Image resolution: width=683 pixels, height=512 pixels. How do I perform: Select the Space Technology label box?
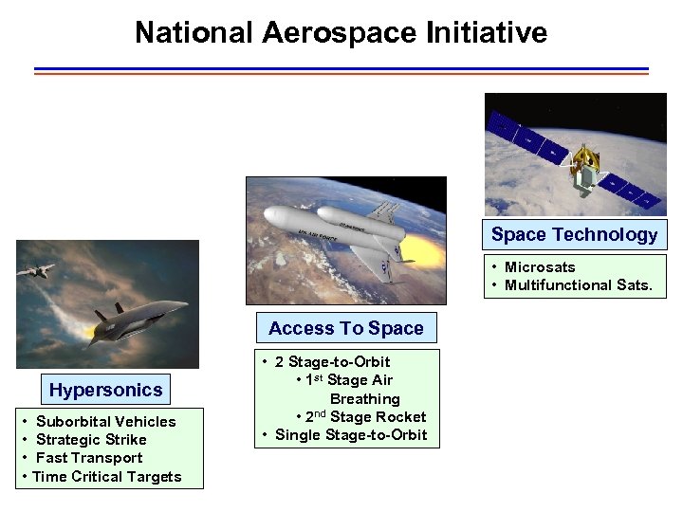pyautogui.click(x=574, y=234)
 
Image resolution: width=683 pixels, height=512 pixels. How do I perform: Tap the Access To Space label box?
pyautogui.click(x=346, y=328)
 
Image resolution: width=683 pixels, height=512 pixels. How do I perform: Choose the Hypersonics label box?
pyautogui.click(x=106, y=390)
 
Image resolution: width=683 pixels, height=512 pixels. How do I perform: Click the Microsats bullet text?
pyautogui.click(x=539, y=267)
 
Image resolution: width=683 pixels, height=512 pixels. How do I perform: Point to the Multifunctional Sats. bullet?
pyautogui.click(x=578, y=285)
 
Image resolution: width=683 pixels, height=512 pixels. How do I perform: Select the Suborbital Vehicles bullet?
pyautogui.click(x=105, y=421)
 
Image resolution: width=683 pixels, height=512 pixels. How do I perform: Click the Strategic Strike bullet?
pyautogui.click(x=91, y=439)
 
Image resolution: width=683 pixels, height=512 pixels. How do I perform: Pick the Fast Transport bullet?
pyautogui.click(x=89, y=457)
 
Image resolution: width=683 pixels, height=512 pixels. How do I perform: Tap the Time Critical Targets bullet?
pyautogui.click(x=106, y=476)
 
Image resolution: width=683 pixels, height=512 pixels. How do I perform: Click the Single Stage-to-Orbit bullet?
pyautogui.click(x=350, y=435)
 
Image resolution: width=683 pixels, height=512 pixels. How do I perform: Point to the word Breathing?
pyautogui.click(x=365, y=399)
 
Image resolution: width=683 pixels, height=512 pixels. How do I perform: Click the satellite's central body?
pyautogui.click(x=588, y=171)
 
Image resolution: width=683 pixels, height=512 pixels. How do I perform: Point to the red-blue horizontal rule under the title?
pyautogui.click(x=341, y=71)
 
